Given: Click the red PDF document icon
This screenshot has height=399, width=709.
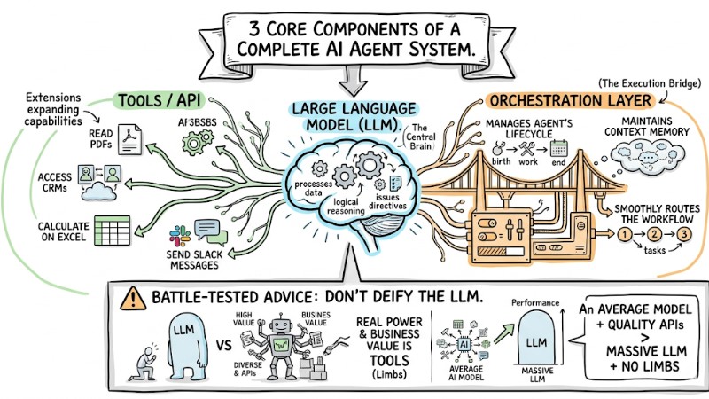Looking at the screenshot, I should point(132,134).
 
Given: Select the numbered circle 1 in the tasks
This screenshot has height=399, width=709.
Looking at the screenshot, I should point(624,236).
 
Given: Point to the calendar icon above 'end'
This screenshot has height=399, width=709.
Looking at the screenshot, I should point(558,149).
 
